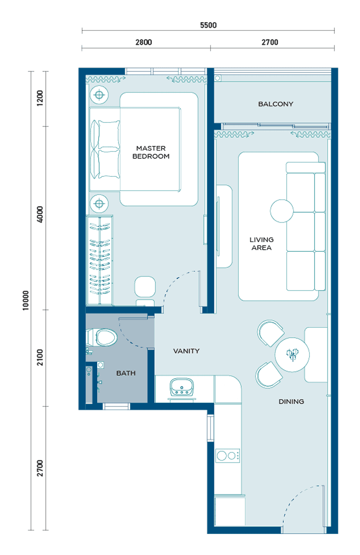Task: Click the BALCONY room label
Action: [276, 104]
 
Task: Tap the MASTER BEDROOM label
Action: [151, 152]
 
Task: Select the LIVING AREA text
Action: [261, 244]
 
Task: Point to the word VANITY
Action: [186, 351]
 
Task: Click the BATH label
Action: [126, 373]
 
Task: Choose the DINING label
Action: [291, 401]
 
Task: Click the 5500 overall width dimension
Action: [208, 25]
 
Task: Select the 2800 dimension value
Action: [143, 42]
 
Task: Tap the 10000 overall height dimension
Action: [26, 301]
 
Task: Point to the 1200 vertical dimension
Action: [40, 98]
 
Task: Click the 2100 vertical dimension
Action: [40, 358]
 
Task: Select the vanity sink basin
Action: [182, 387]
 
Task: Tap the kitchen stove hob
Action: [227, 455]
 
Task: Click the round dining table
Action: [292, 354]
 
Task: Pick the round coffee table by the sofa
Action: [282, 211]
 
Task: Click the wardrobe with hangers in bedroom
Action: [100, 261]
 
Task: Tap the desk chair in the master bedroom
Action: [145, 287]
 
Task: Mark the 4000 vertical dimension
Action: [40, 214]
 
